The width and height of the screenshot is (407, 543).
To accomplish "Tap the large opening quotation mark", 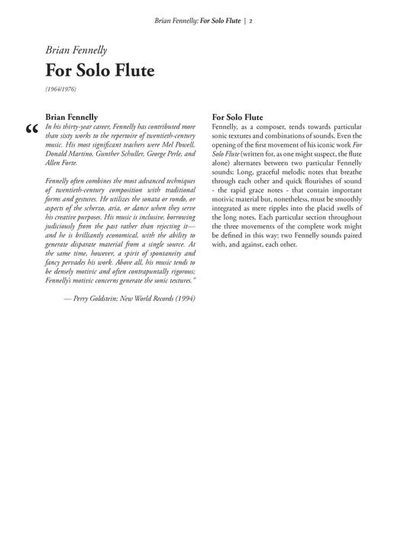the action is tap(31, 130).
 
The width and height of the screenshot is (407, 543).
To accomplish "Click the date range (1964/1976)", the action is tap(60, 89).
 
